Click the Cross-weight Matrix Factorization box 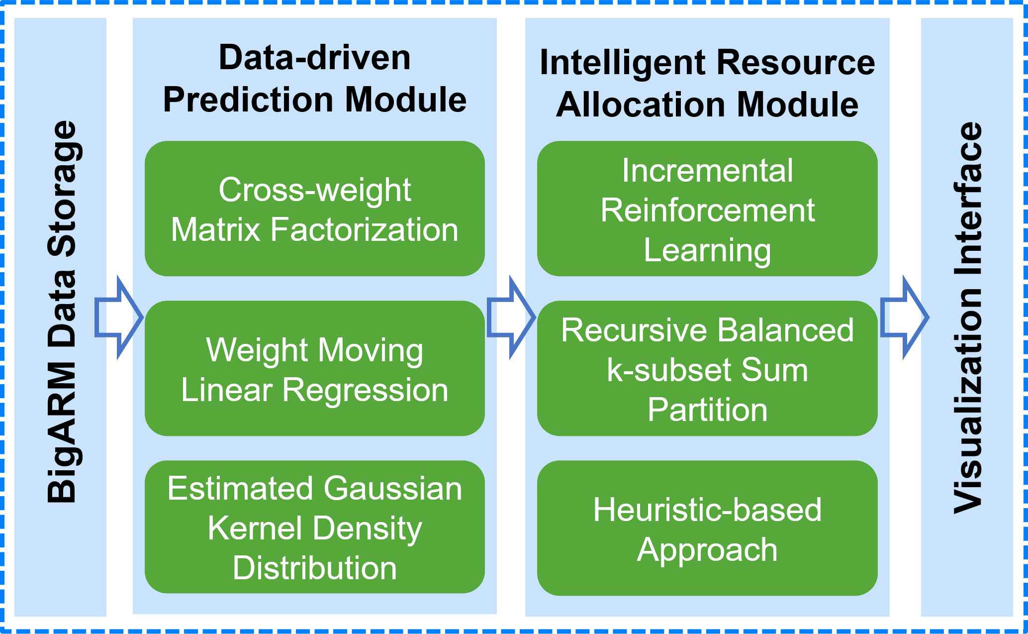pos(315,209)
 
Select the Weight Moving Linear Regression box pos(315,368)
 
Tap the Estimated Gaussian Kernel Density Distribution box pos(315,527)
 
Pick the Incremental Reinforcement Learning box pos(707,209)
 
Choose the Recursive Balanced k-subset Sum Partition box pos(707,368)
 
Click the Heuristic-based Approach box pos(707,528)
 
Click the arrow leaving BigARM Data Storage pos(119,317)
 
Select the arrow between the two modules pos(511,317)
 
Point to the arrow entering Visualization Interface pos(904,317)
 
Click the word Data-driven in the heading pos(315,58)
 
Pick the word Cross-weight pos(315,191)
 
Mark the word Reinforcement pos(707,210)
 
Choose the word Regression pos(365,391)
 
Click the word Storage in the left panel pos(62,189)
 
